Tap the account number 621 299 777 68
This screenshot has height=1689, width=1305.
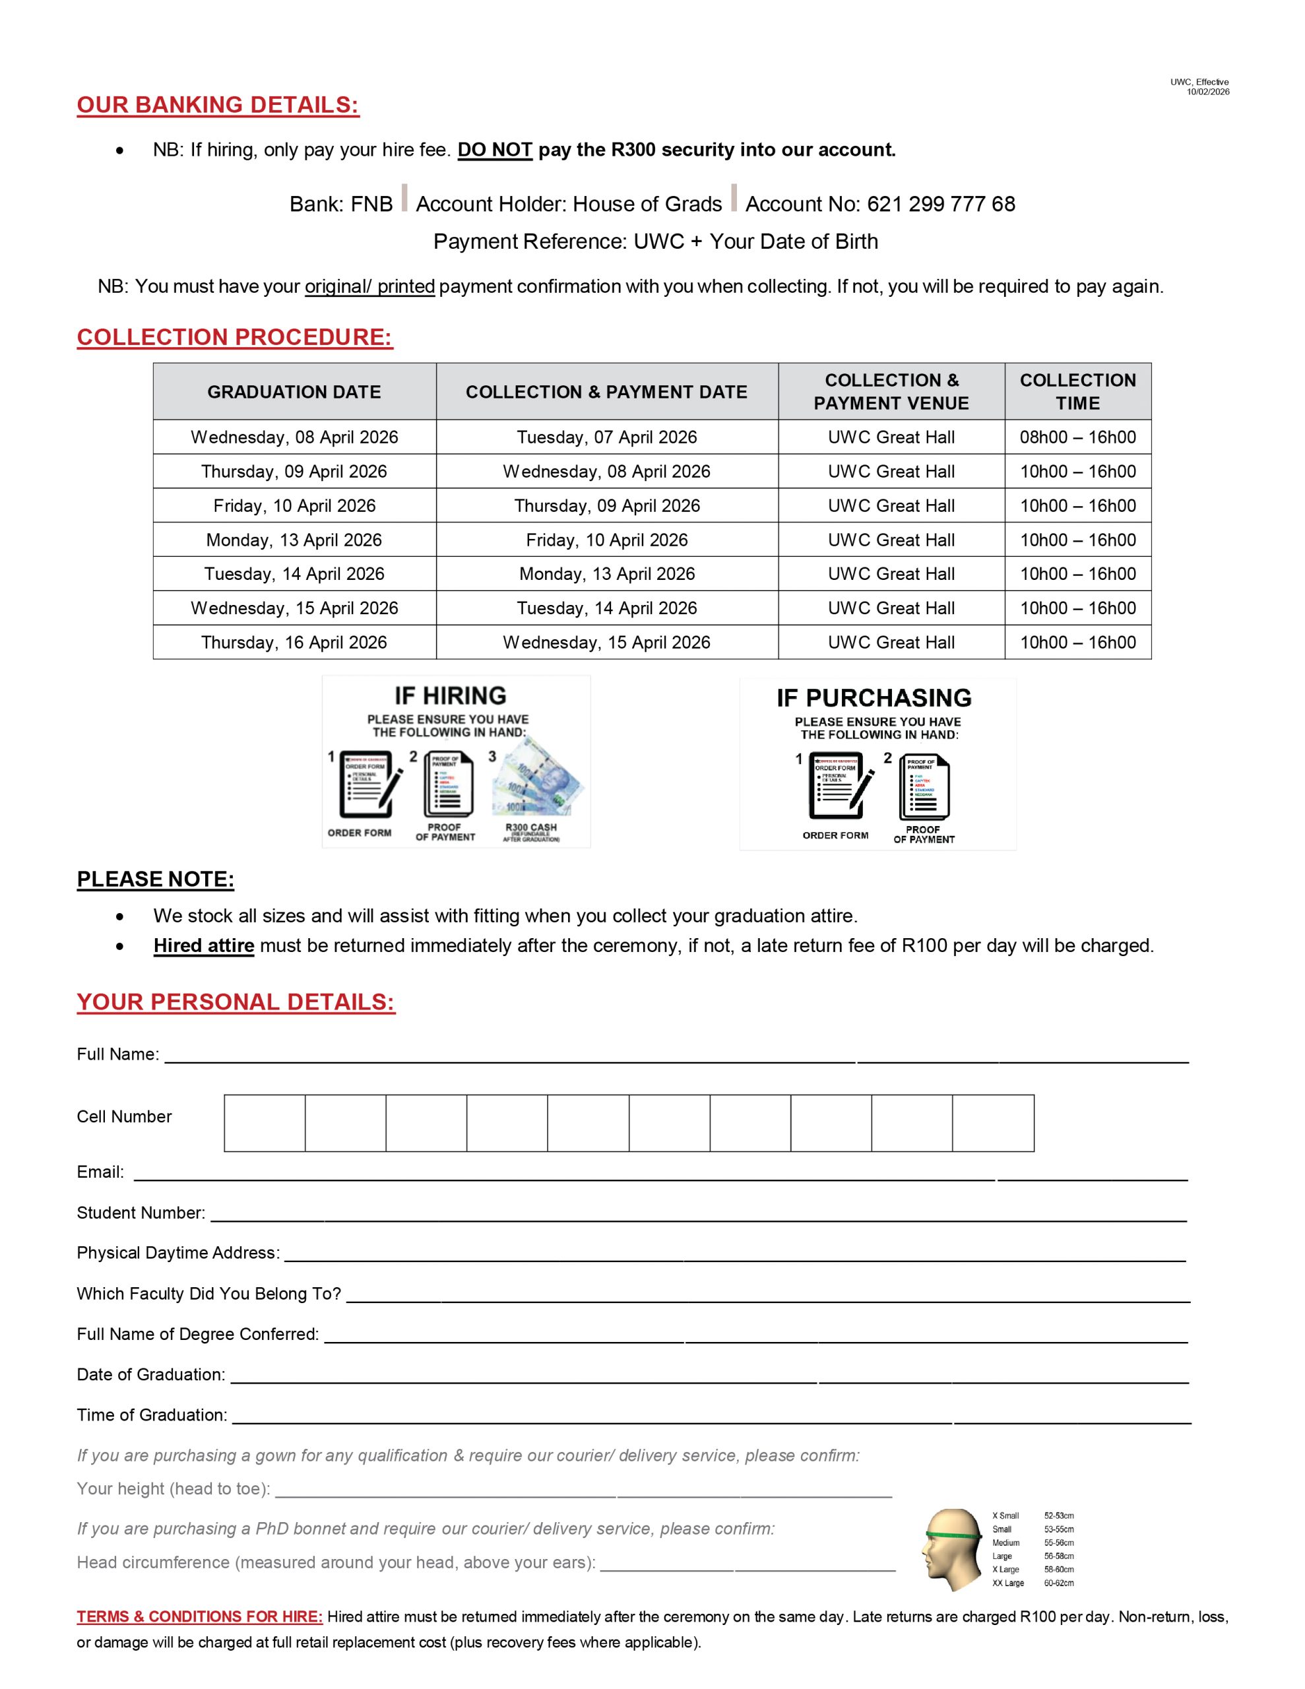tap(941, 204)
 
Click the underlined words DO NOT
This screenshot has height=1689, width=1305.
tap(494, 150)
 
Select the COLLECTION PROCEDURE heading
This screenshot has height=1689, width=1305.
tap(234, 337)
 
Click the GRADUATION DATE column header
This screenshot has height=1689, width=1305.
tap(294, 392)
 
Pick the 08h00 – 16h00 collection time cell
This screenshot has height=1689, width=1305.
tap(1077, 437)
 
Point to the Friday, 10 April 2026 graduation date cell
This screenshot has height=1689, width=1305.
tap(294, 506)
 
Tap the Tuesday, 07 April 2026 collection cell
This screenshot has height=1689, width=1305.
tap(606, 437)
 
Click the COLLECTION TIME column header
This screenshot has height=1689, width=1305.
tap(1077, 391)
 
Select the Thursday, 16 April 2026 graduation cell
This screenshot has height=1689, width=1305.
tap(294, 643)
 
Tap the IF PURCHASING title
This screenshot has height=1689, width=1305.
tap(874, 698)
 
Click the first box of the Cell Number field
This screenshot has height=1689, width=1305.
tap(265, 1123)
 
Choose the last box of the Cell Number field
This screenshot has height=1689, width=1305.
tap(993, 1123)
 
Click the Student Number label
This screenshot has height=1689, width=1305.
tap(141, 1213)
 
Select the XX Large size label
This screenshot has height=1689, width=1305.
tap(1008, 1583)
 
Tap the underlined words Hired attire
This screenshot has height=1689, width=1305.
tap(203, 946)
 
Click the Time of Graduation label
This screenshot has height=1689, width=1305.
tap(152, 1415)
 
